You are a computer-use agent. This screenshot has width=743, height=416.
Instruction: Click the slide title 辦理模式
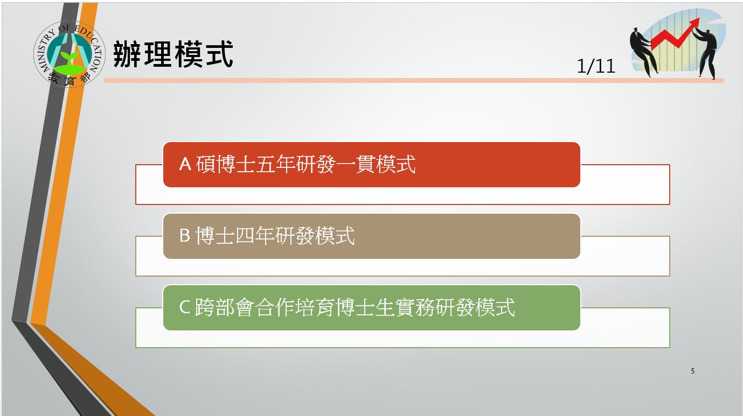pos(173,54)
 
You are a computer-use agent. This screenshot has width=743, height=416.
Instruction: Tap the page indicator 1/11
pos(596,66)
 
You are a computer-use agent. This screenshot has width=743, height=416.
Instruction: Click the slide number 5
pos(692,371)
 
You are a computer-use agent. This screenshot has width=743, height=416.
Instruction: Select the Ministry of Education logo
pos(70,54)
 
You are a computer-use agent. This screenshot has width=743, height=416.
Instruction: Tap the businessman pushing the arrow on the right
pos(706,53)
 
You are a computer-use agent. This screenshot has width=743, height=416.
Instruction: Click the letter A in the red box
pos(185,164)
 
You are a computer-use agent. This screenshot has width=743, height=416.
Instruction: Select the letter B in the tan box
pos(184,236)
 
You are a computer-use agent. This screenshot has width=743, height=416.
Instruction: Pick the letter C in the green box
pos(184,307)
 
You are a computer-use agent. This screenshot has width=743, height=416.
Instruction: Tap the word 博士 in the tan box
pos(215,236)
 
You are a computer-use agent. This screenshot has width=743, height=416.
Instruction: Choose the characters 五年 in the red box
pos(275,164)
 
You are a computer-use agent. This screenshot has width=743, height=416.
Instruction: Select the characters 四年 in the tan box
pos(255,236)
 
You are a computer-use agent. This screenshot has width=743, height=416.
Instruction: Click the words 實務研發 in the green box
pos(435,307)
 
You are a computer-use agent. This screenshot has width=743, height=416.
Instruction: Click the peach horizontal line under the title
pos(414,81)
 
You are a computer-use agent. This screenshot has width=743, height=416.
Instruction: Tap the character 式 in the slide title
pos(219,54)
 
